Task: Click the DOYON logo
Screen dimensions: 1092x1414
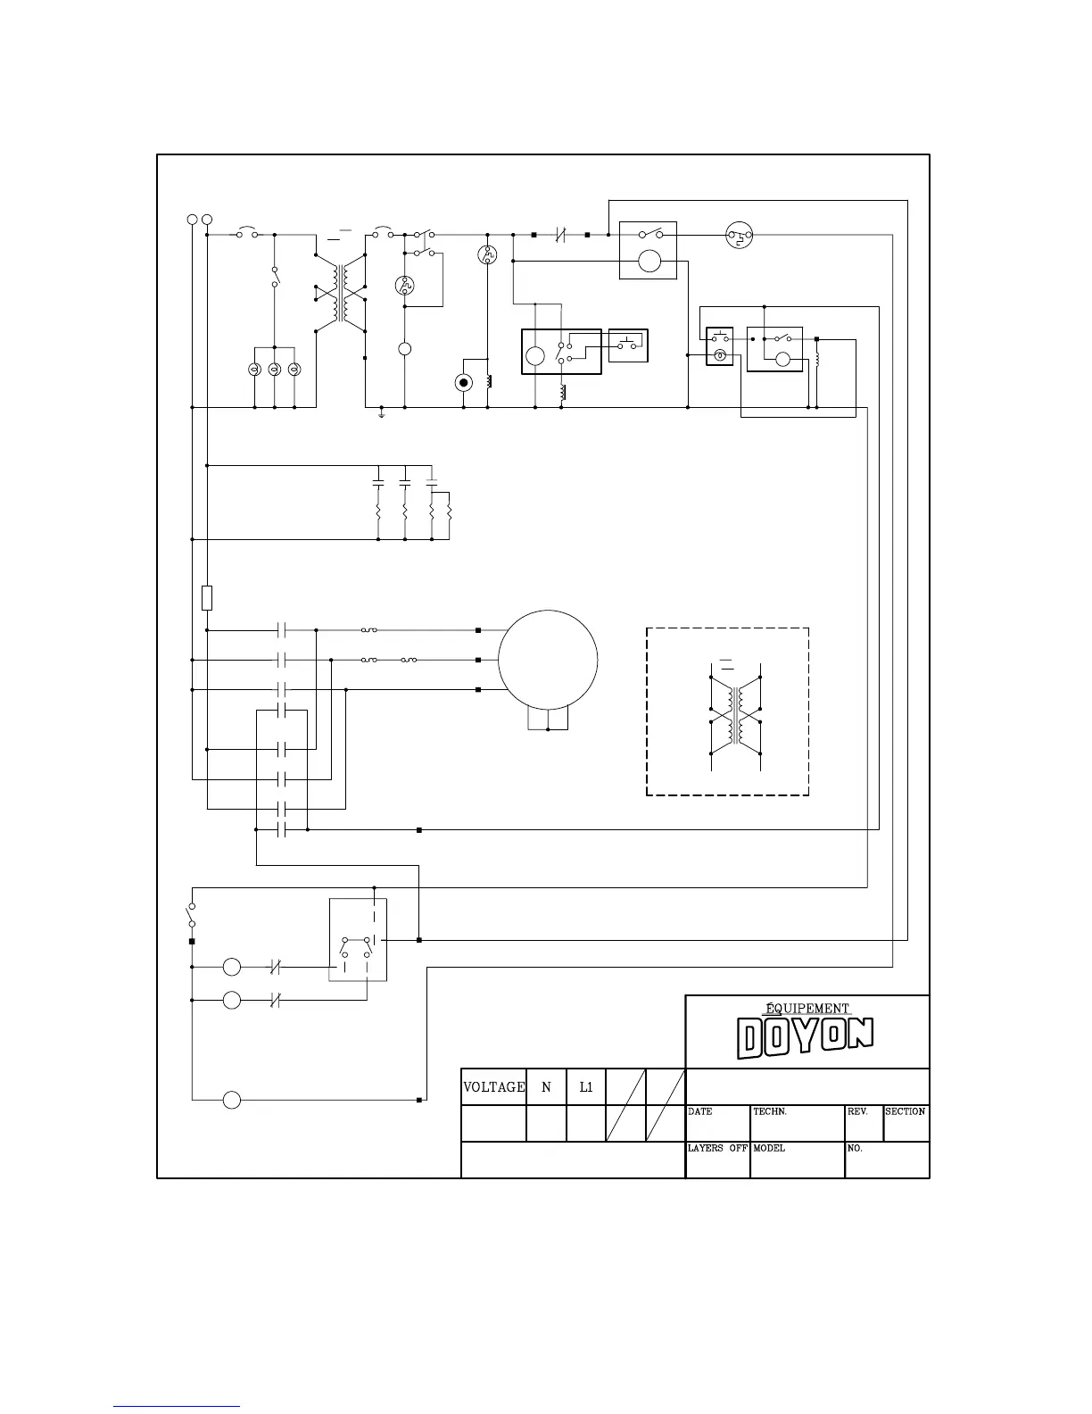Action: pyautogui.click(x=805, y=1038)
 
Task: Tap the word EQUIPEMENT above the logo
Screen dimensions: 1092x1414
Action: pyautogui.click(x=807, y=1009)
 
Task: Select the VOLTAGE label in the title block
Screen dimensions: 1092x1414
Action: pyautogui.click(x=493, y=1087)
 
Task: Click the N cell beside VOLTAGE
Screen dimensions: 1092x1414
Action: pyautogui.click(x=546, y=1087)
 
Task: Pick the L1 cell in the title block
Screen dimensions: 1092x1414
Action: pyautogui.click(x=586, y=1087)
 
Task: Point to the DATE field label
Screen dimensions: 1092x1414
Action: pyautogui.click(x=700, y=1112)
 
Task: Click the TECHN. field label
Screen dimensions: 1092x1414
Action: pyautogui.click(x=770, y=1112)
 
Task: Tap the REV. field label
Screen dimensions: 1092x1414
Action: pyautogui.click(x=857, y=1112)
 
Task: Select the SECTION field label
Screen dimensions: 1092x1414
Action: pyautogui.click(x=905, y=1112)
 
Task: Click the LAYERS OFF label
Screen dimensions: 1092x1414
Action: pyautogui.click(x=717, y=1148)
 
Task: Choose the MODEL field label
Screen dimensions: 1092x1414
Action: pyautogui.click(x=769, y=1148)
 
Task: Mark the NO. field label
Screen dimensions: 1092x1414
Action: pyautogui.click(x=855, y=1148)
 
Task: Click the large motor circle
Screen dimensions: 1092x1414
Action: pyautogui.click(x=548, y=660)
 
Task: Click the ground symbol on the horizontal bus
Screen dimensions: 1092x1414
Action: pyautogui.click(x=381, y=413)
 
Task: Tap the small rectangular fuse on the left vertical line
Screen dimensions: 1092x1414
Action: pyautogui.click(x=207, y=597)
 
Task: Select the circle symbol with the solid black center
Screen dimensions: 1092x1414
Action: pyautogui.click(x=463, y=383)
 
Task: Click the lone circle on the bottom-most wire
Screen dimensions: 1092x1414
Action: pyautogui.click(x=232, y=1100)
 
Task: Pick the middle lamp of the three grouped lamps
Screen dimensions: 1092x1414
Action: pyautogui.click(x=274, y=369)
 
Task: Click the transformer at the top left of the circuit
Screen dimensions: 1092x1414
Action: pyautogui.click(x=341, y=292)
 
